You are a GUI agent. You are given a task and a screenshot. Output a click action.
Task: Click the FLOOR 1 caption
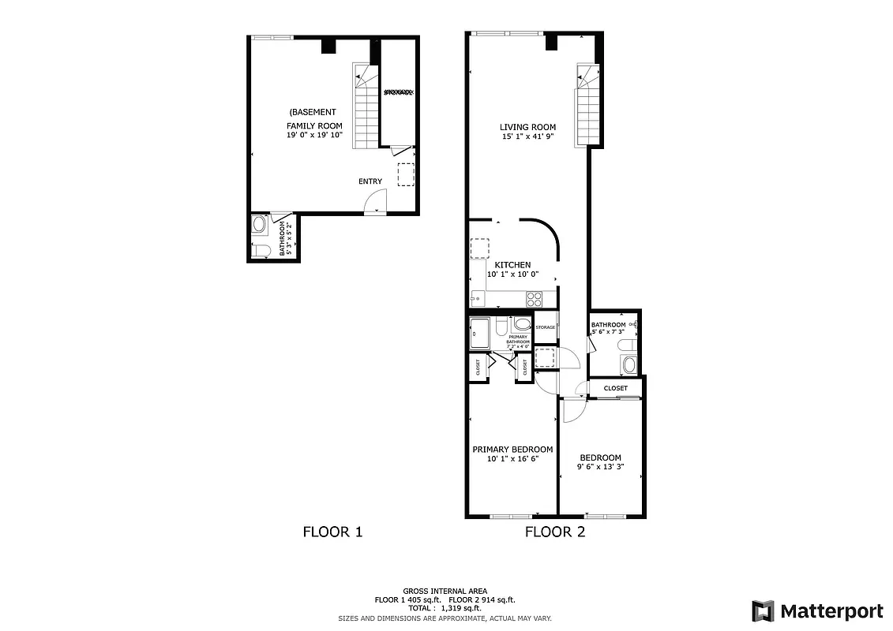[x=332, y=532]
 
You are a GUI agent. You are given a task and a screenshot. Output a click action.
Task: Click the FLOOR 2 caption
[x=555, y=532]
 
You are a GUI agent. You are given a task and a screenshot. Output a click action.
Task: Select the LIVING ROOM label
[x=527, y=127]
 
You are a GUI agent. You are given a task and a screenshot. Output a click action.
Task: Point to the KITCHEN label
[x=512, y=265]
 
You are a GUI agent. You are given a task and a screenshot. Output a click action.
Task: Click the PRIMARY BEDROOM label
[x=512, y=450]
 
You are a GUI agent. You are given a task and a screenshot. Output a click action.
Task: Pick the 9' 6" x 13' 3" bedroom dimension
[x=600, y=467]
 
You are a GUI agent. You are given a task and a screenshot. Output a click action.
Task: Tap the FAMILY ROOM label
[x=313, y=126]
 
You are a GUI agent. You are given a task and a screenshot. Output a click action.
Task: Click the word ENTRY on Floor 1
[x=370, y=181]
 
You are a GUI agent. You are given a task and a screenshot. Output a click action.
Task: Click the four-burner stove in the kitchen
[x=535, y=299]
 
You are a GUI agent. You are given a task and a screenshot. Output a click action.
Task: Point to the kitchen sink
[x=477, y=299]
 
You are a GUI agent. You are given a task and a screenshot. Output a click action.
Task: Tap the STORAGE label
[x=546, y=327]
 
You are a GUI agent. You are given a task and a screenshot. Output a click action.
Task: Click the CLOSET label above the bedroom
[x=616, y=388]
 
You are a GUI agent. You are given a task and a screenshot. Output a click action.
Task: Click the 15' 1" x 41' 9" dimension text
[x=527, y=136]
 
